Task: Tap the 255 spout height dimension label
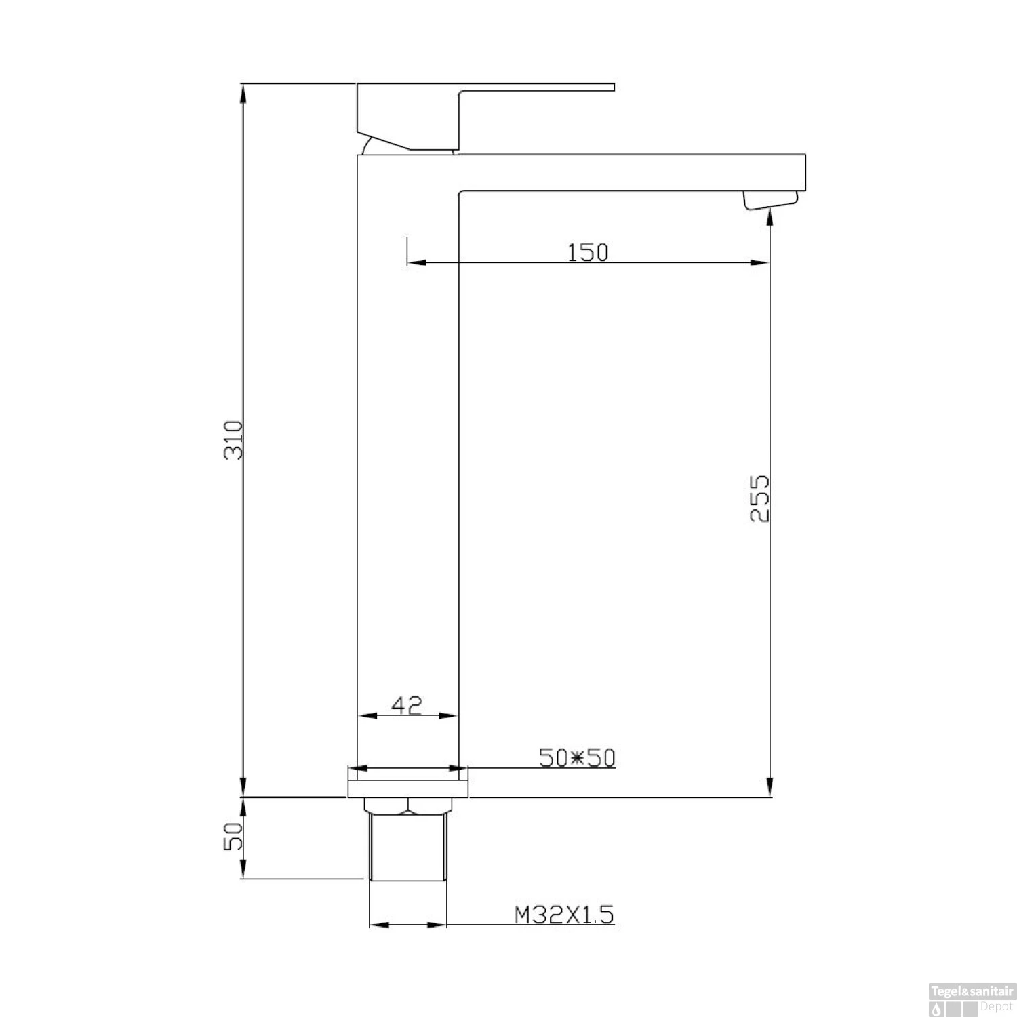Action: coord(760,498)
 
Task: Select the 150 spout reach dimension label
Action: coord(588,252)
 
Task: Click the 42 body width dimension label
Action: coord(407,705)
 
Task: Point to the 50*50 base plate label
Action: coord(577,757)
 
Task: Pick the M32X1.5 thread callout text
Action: coord(564,915)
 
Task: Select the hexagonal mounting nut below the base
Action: coord(407,805)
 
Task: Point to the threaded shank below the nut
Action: coord(407,848)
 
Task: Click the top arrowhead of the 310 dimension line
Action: coord(243,92)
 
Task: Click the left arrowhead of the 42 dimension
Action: coord(365,715)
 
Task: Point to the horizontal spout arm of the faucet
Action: coord(631,172)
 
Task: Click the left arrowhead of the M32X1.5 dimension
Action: coord(377,925)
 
